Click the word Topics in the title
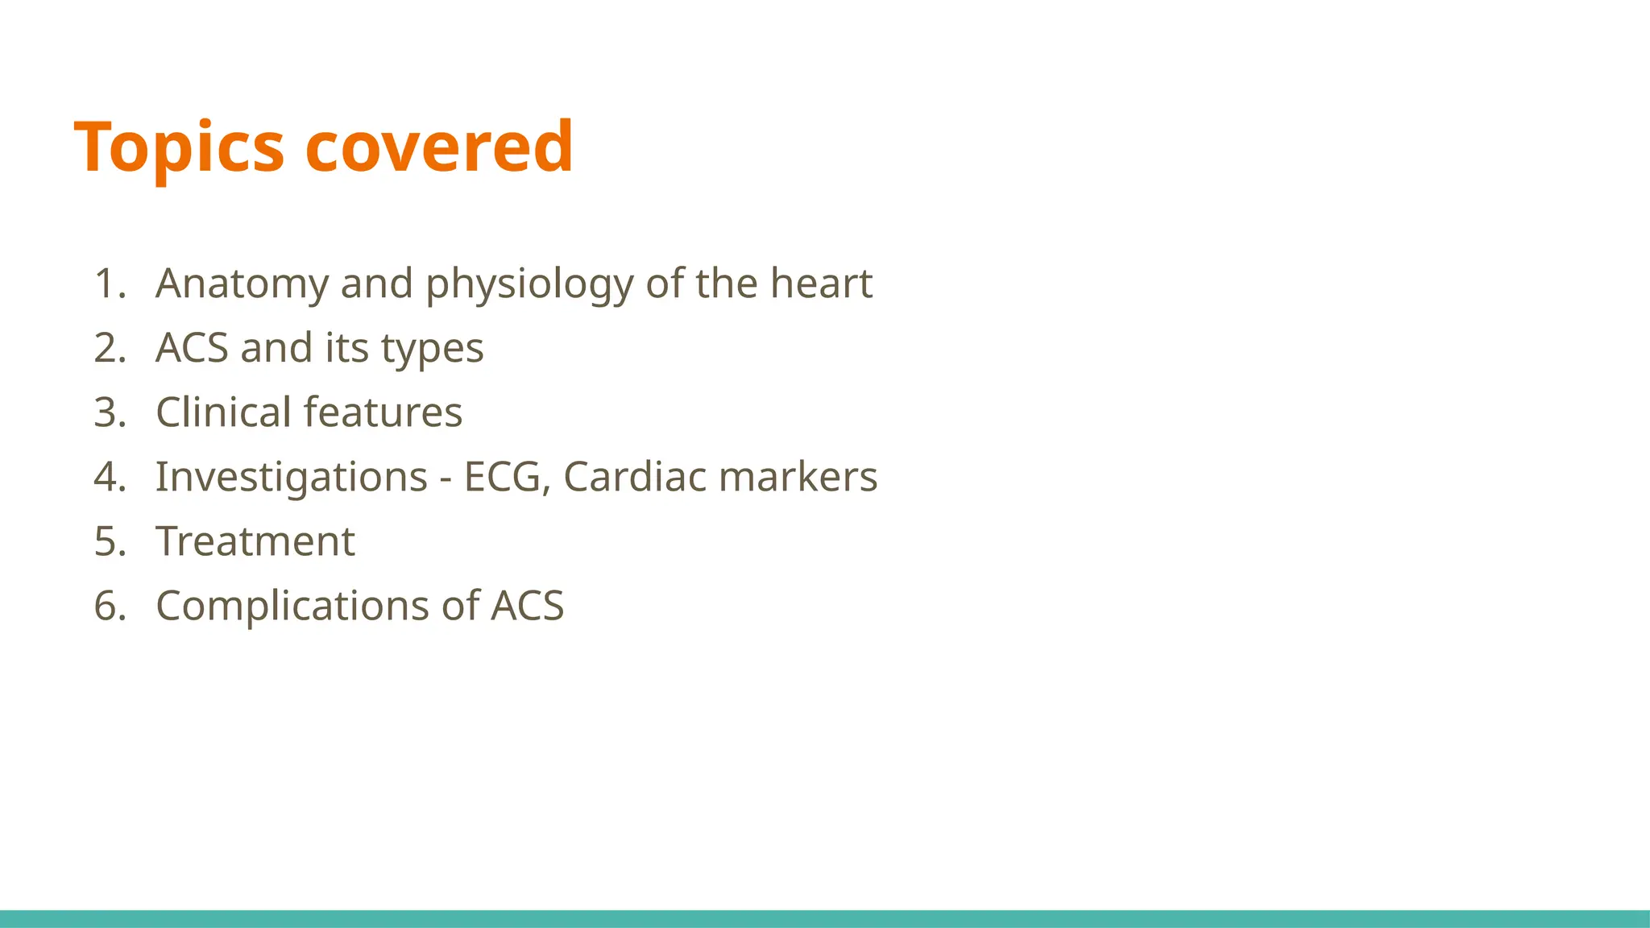(178, 147)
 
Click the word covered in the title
(439, 147)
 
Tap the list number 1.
(109, 284)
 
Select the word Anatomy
(243, 284)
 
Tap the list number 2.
(110, 348)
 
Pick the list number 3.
(110, 412)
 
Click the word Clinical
(223, 412)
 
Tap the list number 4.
(110, 477)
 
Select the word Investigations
(291, 477)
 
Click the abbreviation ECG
(506, 477)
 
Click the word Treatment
(255, 541)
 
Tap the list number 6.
(110, 606)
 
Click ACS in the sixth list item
(527, 606)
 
